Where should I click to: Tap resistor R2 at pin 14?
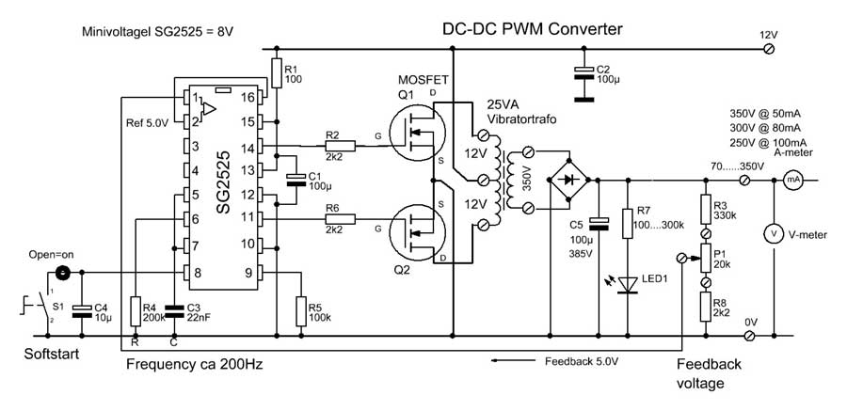[x=340, y=146]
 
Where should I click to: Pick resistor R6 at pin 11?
[x=340, y=219]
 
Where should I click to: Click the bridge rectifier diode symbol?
[x=568, y=180]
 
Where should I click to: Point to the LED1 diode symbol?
[x=627, y=284]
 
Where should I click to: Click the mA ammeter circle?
[x=791, y=181]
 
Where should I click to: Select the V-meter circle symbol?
[x=774, y=234]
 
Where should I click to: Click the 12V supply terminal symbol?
[x=770, y=49]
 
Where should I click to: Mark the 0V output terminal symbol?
[x=749, y=336]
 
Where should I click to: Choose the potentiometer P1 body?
[x=705, y=258]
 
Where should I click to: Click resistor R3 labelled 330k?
[x=705, y=209]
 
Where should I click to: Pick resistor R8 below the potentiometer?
[x=705, y=308]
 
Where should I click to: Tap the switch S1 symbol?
[x=39, y=307]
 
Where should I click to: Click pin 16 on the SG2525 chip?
[x=261, y=98]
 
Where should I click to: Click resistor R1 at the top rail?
[x=276, y=73]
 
